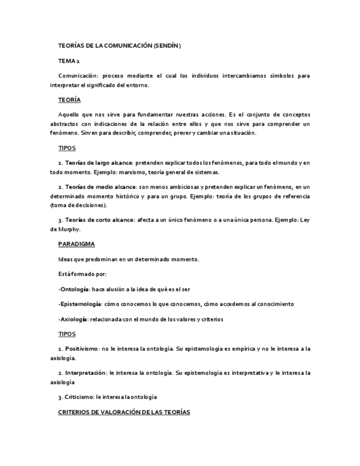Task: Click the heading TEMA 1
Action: coord(69,61)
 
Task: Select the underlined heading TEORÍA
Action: coord(69,99)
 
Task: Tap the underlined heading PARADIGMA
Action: coord(76,243)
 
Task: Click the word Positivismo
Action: coord(82,349)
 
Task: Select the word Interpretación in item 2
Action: coord(86,373)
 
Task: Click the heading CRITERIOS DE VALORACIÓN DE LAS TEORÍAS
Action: coord(124,412)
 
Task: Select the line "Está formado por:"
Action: coord(82,274)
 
